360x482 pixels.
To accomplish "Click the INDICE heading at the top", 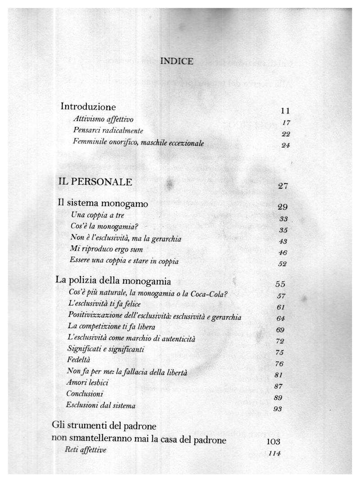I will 177,61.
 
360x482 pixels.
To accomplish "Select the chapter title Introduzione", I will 88,107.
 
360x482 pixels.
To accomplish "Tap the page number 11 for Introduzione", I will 284,111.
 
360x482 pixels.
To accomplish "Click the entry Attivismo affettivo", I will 103,119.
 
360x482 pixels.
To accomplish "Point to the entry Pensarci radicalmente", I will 108,130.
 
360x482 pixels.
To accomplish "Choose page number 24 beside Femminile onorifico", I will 285,145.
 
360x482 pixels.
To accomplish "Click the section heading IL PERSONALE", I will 95,182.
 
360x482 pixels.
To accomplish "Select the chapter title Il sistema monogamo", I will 103,203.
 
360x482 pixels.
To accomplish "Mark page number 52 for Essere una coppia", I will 282,264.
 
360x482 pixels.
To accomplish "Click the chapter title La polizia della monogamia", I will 113,281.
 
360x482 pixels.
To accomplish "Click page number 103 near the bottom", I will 273,442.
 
